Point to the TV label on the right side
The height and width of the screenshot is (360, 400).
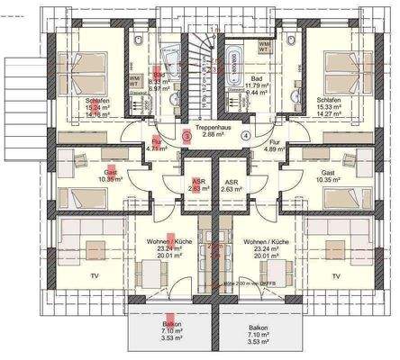pyautogui.click(x=336, y=276)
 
